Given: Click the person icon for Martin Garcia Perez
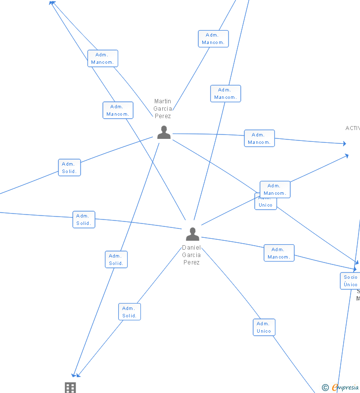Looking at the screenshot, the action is click(x=164, y=132).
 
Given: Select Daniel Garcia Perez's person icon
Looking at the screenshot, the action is click(x=192, y=234).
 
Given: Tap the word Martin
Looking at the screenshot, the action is click(x=163, y=101).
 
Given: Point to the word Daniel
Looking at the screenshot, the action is click(x=191, y=247).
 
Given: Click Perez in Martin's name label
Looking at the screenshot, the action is click(x=163, y=116).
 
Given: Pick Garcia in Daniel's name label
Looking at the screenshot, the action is click(x=191, y=255).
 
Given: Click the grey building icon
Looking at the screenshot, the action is click(x=70, y=388).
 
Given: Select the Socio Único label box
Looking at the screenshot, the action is click(x=351, y=281).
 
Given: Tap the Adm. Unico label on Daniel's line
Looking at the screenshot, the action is click(x=264, y=327).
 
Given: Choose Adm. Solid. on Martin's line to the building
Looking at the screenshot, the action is click(x=116, y=260).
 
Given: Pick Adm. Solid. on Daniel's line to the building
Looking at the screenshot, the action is click(x=130, y=312).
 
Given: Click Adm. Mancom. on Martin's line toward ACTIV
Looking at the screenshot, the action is click(x=259, y=138).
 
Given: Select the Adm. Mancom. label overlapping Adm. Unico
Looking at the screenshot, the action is click(x=275, y=189).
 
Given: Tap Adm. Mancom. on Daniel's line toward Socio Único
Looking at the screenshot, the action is click(x=279, y=253).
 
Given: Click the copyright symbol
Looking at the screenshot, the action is click(x=325, y=388).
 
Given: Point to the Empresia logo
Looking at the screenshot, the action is click(x=345, y=388).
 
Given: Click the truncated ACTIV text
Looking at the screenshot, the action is click(x=353, y=128).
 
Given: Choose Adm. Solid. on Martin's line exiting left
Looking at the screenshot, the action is click(x=69, y=168).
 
